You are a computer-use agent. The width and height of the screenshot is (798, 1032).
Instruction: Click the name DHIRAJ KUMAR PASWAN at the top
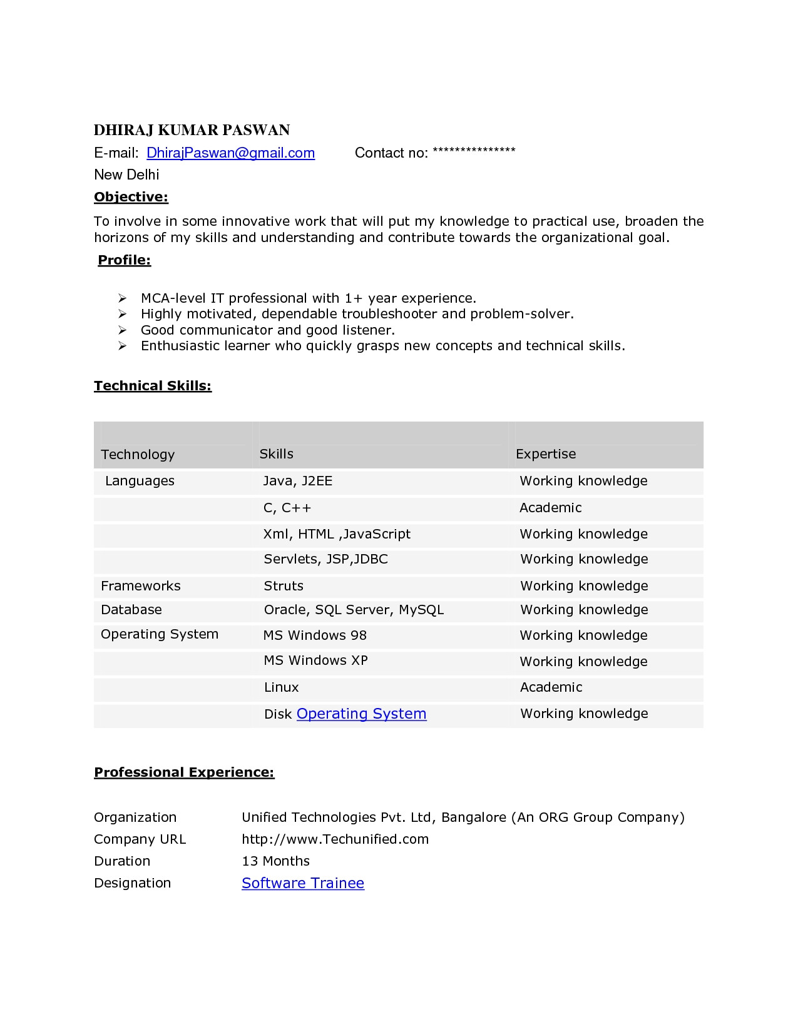click(x=192, y=130)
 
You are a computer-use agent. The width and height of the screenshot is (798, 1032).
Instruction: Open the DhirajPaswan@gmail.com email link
click(x=230, y=153)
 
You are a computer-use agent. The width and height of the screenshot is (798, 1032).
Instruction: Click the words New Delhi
click(x=126, y=175)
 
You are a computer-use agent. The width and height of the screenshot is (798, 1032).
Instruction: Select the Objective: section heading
click(x=131, y=197)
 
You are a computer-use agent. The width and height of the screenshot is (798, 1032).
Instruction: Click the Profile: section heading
click(x=125, y=260)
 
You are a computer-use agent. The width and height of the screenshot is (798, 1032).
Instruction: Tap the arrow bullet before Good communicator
click(x=123, y=330)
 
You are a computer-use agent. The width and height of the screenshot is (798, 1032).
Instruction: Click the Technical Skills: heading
click(x=153, y=386)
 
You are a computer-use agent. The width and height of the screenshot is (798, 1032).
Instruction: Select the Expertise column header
click(x=546, y=454)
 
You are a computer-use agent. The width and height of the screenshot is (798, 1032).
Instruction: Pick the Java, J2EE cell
click(x=297, y=481)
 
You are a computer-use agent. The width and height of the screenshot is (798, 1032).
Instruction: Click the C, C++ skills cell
click(x=287, y=508)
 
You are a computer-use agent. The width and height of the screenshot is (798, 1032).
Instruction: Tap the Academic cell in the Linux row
click(x=551, y=687)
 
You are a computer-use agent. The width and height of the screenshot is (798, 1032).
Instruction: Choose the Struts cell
click(x=284, y=586)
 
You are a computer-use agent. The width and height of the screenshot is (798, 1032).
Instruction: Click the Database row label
click(x=131, y=610)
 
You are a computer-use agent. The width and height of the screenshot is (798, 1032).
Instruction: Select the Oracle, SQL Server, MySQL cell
click(x=354, y=610)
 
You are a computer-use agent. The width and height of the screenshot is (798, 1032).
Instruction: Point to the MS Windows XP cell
click(x=315, y=660)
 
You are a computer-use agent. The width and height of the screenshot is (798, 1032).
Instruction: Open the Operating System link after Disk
click(x=361, y=714)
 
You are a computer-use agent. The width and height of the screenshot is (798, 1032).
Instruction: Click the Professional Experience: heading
click(x=184, y=772)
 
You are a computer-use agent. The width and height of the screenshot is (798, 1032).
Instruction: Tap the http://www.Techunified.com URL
click(x=335, y=839)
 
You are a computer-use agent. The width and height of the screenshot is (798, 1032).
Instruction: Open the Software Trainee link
click(x=303, y=883)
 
